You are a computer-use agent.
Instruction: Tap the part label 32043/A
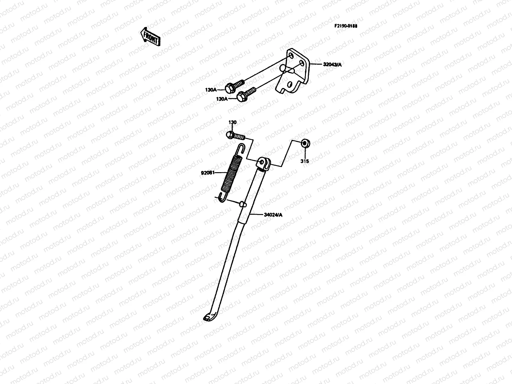[332, 65]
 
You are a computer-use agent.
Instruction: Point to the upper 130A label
[211, 90]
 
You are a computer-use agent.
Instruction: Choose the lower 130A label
[222, 99]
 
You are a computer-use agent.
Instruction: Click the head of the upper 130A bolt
[229, 87]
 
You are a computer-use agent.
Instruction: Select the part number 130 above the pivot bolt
[232, 123]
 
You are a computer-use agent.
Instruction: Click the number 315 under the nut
[305, 162]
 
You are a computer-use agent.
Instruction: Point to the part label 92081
[207, 173]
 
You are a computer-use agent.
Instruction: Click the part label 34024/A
[273, 215]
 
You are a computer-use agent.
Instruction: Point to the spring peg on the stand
[243, 204]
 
